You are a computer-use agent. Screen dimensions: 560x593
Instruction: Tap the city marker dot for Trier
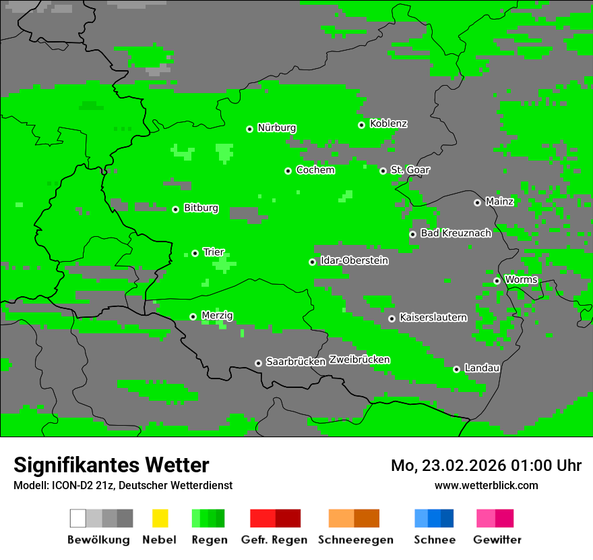pos(195,253)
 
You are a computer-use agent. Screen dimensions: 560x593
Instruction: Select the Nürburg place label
pos(276,128)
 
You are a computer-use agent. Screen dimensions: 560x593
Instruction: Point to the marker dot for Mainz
pos(477,202)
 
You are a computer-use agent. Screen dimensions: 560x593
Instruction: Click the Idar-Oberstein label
pos(354,260)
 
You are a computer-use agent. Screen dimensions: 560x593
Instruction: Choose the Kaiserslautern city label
pos(433,317)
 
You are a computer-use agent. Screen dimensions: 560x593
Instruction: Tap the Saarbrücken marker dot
pos(258,363)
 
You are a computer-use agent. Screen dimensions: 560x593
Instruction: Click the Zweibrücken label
pos(359,360)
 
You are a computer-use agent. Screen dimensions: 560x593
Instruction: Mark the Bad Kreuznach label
pos(456,233)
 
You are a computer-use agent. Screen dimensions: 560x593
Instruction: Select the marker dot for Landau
pos(456,369)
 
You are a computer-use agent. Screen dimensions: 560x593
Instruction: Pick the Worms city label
pos(521,279)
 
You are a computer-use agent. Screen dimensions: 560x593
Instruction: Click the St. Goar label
pos(410,170)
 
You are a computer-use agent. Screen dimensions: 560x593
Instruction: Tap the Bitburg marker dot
pos(175,209)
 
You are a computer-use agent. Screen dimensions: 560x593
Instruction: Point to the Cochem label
pos(315,170)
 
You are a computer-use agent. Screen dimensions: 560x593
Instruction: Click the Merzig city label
pos(217,315)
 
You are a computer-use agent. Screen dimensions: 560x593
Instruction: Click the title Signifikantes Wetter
pos(111,465)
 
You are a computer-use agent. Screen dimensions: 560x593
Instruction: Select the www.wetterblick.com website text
pos(486,485)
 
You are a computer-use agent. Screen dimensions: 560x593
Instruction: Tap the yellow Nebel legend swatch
pos(160,518)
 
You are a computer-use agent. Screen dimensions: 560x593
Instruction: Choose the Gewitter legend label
pos(497,540)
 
